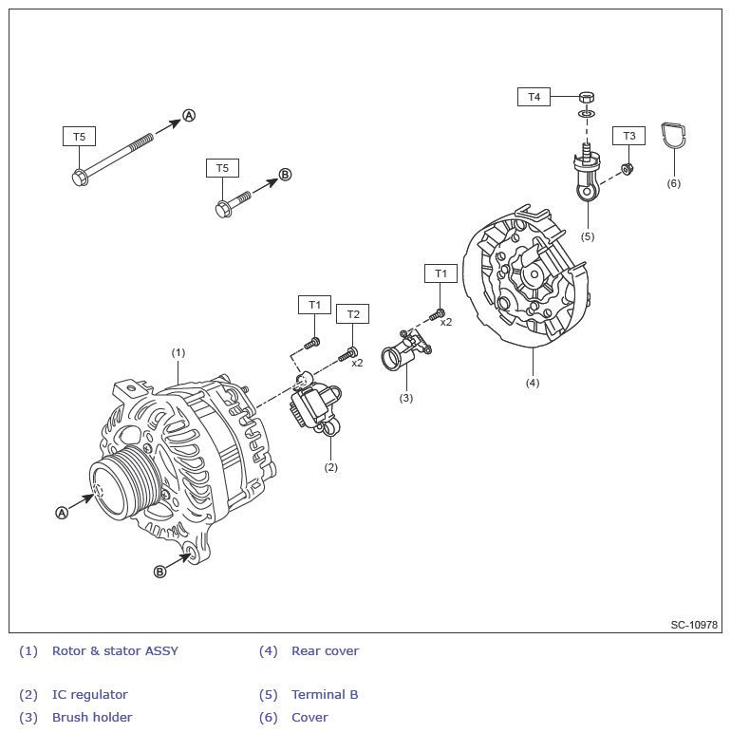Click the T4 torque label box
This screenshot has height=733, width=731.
tap(534, 97)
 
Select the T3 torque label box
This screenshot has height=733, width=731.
tap(628, 137)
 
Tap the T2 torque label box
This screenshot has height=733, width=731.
tap(353, 314)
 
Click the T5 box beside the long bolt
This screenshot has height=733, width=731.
tap(80, 137)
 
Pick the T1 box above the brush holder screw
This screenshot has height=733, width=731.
tap(440, 273)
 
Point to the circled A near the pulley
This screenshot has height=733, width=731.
tap(63, 512)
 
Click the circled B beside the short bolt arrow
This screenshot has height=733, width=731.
tap(285, 175)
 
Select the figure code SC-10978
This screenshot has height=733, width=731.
tap(694, 625)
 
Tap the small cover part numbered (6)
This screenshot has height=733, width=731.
tap(673, 137)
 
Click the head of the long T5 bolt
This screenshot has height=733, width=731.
tap(80, 177)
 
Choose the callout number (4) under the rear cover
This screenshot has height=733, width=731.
tap(533, 383)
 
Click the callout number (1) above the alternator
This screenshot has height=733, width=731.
tap(178, 352)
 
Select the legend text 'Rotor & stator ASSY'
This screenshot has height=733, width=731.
tap(115, 651)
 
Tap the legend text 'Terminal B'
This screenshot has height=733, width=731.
tap(325, 695)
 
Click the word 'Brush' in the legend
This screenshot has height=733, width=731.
tap(70, 718)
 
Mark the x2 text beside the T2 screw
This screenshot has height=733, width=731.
tap(357, 363)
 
